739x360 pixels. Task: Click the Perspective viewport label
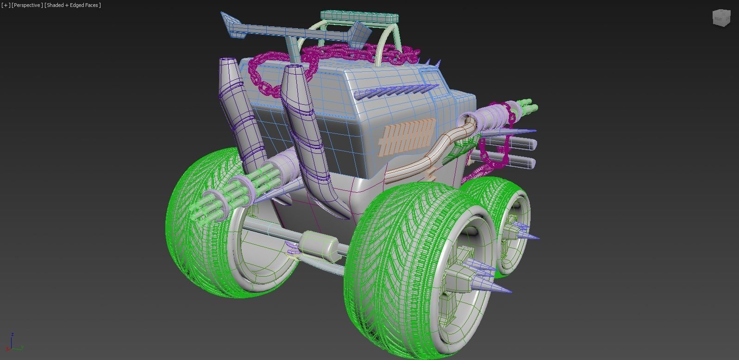[27, 5]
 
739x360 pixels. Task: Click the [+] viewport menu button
[6, 5]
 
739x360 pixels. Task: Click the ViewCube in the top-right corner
[720, 18]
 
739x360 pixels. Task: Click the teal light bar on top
[359, 17]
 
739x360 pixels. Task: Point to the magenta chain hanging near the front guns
[495, 153]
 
